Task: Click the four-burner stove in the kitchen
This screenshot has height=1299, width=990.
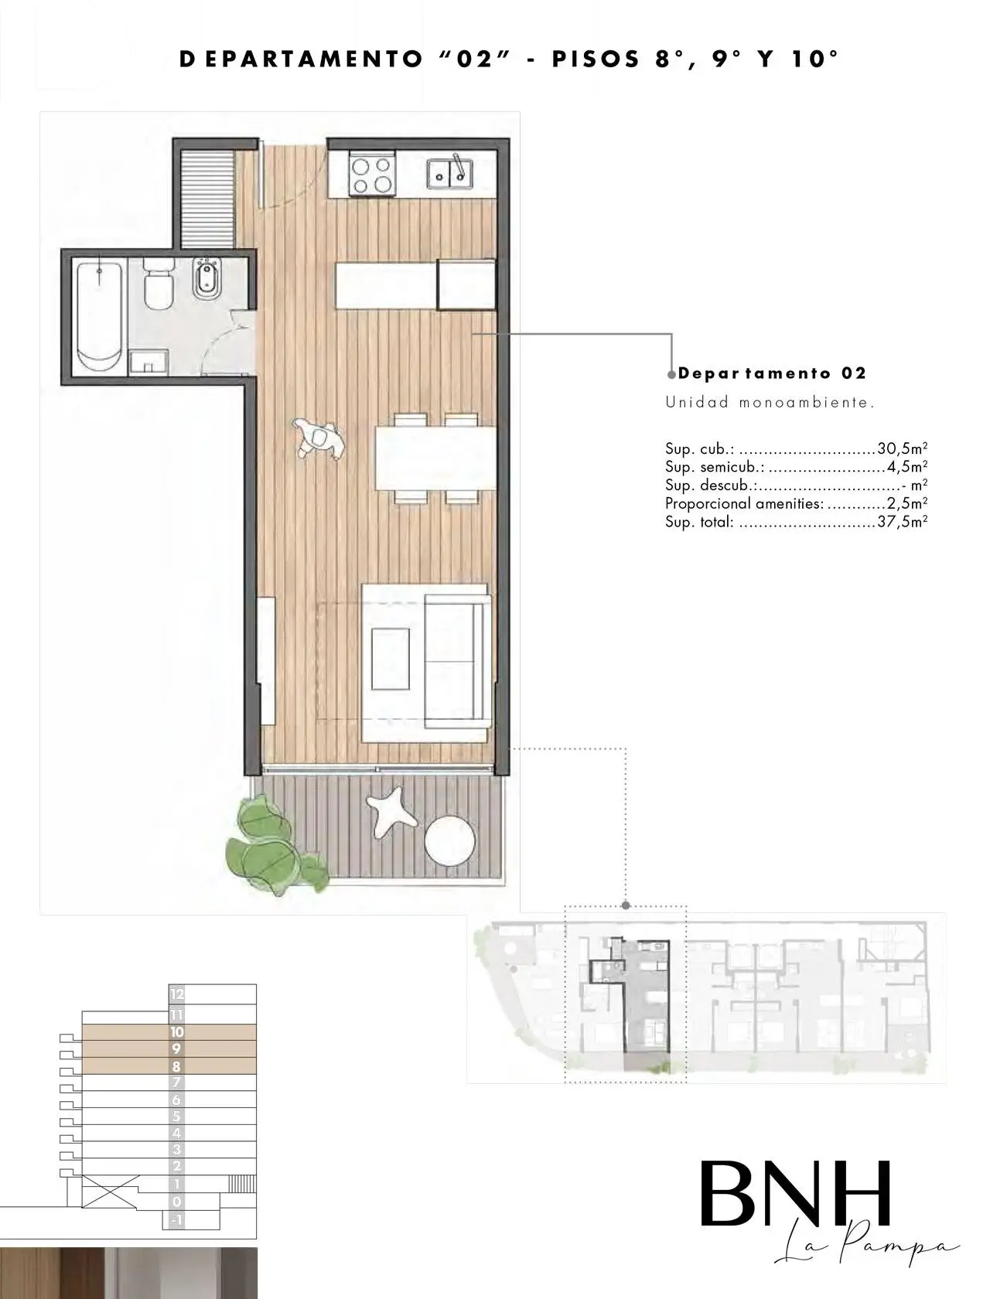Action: [372, 172]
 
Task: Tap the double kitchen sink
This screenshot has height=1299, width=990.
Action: [449, 172]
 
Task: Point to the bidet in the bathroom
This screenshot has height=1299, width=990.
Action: [205, 278]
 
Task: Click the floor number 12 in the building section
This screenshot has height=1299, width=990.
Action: [177, 994]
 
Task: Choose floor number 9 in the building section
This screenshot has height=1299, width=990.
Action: [176, 1048]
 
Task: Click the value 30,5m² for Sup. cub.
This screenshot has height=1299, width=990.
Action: [903, 448]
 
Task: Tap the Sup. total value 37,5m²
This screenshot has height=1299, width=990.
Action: [903, 522]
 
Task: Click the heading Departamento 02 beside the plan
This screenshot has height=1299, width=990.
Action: [772, 373]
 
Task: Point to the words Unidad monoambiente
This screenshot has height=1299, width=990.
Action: [770, 402]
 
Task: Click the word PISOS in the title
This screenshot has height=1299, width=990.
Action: [596, 59]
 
